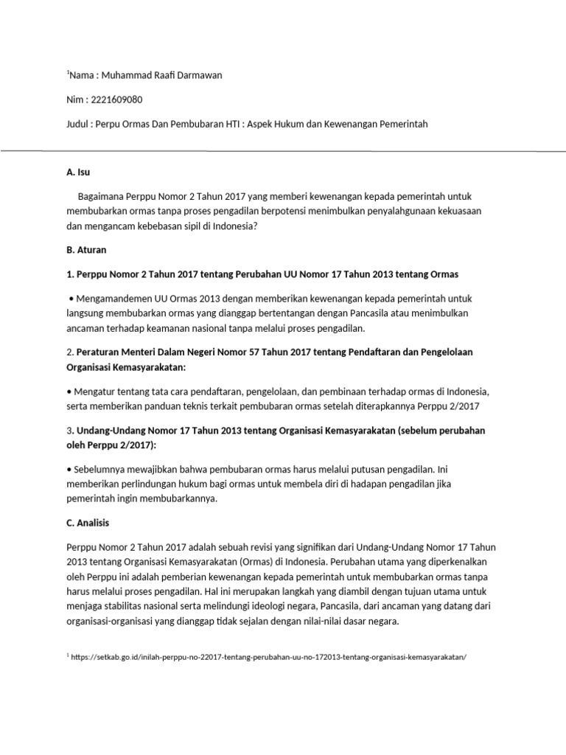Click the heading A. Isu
(x=77, y=172)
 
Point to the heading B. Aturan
(x=86, y=250)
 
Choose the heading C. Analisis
(x=88, y=523)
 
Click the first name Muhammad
(x=125, y=75)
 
